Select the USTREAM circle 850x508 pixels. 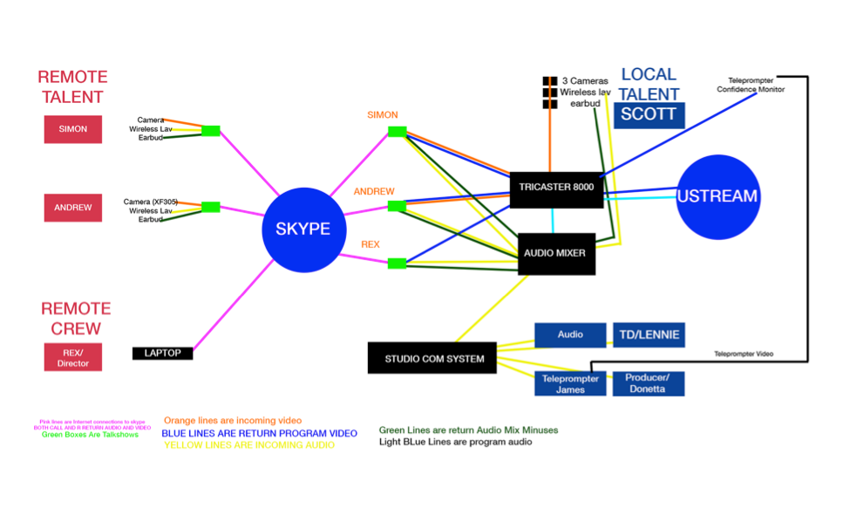point(717,196)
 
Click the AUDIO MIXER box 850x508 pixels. point(556,253)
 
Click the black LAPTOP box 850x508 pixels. point(162,353)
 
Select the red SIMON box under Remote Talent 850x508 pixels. point(73,129)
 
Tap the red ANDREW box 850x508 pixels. point(73,208)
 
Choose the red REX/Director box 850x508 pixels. point(73,357)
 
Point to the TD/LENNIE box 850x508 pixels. point(648,334)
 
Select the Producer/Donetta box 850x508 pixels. point(648,383)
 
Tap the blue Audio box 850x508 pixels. point(570,334)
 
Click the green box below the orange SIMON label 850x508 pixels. point(398,132)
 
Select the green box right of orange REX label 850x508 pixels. point(397,263)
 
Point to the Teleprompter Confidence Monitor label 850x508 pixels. point(751,85)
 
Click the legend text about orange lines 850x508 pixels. point(233,421)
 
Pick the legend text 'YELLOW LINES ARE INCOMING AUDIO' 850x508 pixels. point(249,445)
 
